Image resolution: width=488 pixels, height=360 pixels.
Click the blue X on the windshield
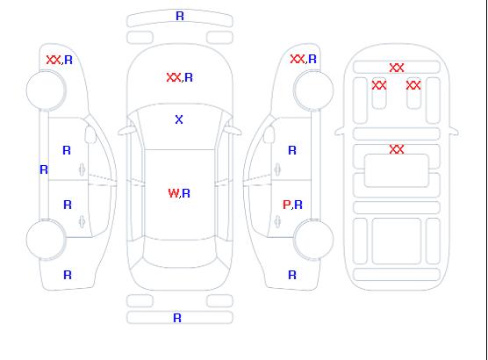click(x=179, y=119)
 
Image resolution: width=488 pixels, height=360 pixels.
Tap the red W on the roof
click(x=174, y=193)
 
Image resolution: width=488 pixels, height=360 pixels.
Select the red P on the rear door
click(x=286, y=205)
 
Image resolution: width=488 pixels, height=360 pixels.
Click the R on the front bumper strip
click(x=180, y=16)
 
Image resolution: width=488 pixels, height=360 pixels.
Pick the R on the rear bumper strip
click(x=177, y=318)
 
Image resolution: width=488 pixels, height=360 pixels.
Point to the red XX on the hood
click(x=174, y=77)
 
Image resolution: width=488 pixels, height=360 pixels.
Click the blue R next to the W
click(x=186, y=193)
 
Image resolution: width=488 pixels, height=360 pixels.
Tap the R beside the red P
click(x=298, y=205)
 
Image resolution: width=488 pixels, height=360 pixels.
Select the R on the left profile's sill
click(x=44, y=169)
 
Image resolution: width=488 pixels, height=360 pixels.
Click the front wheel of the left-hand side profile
click(x=46, y=90)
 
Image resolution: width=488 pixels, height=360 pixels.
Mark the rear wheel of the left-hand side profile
click(x=46, y=240)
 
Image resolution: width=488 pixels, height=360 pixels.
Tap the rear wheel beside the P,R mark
click(x=313, y=239)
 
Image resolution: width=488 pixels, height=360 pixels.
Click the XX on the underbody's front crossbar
click(x=397, y=68)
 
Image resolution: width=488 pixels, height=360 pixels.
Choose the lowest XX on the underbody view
click(x=397, y=149)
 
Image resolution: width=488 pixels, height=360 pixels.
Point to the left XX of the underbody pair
click(x=379, y=85)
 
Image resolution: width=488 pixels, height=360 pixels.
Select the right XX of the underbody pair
click(x=413, y=85)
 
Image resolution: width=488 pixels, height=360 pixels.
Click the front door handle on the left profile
click(x=82, y=169)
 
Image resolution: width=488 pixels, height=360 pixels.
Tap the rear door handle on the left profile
click(x=82, y=221)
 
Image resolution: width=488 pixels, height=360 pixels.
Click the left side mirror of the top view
click(x=126, y=131)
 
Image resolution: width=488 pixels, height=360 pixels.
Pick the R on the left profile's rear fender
click(x=68, y=275)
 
